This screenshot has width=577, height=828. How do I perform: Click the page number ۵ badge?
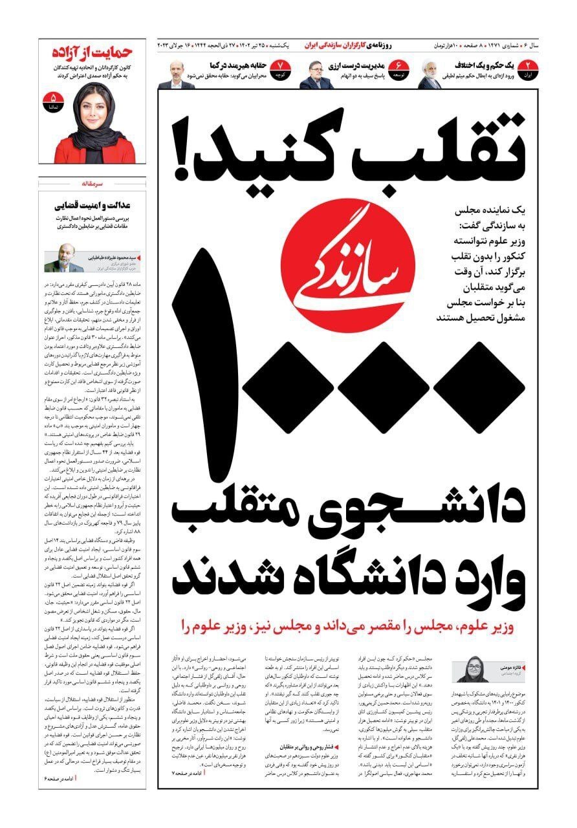(50, 101)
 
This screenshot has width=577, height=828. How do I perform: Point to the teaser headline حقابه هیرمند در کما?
(236, 65)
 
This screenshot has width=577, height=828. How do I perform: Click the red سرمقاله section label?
(91, 184)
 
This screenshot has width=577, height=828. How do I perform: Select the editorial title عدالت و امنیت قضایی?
(93, 206)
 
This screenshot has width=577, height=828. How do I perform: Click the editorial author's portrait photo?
(63, 260)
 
